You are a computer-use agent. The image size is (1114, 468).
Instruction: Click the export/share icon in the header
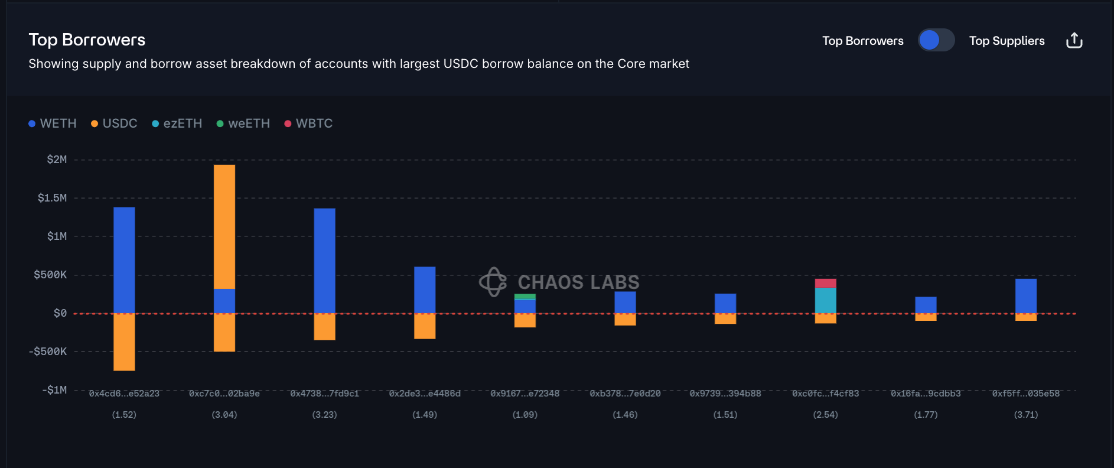click(x=1074, y=40)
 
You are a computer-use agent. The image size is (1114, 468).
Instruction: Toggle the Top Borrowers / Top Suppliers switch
click(x=936, y=40)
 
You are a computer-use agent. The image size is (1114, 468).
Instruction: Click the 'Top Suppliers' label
click(x=1006, y=41)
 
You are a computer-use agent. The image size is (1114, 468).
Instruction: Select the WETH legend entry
click(x=53, y=123)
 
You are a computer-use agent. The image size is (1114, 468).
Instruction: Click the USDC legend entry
click(x=114, y=123)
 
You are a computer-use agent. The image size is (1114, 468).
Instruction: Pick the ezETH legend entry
click(x=177, y=123)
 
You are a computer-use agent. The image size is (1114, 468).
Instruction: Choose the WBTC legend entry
click(x=308, y=123)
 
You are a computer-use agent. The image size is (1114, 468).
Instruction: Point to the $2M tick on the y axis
click(x=57, y=160)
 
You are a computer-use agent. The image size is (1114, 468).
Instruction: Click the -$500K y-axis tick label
click(x=48, y=352)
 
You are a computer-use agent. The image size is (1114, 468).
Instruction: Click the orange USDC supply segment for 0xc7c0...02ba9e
click(x=224, y=226)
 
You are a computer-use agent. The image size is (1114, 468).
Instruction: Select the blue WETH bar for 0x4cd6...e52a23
click(x=124, y=260)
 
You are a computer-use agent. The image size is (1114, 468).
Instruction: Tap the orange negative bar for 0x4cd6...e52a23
click(x=124, y=342)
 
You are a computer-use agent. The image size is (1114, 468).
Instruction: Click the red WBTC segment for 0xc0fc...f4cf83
click(x=825, y=283)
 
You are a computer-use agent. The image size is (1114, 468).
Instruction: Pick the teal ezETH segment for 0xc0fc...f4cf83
click(x=825, y=300)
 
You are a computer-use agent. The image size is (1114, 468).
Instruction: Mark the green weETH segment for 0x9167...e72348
click(x=525, y=297)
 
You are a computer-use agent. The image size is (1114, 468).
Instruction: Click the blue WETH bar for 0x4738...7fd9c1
click(x=324, y=261)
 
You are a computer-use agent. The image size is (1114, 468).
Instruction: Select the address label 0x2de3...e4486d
click(x=425, y=394)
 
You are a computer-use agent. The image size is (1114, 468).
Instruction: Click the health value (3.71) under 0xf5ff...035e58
click(x=1026, y=415)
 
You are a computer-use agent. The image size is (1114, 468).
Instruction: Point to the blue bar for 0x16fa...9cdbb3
click(x=926, y=305)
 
